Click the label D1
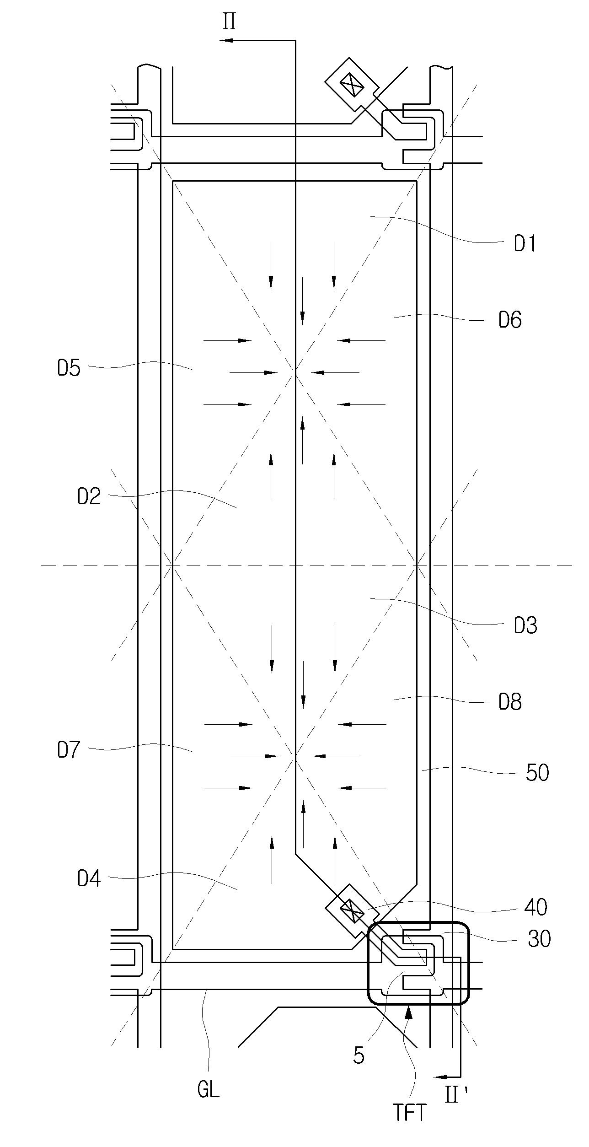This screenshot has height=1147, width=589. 525,244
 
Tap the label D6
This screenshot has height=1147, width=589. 510,320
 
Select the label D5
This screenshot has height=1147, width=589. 69,368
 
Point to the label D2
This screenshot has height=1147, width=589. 89,497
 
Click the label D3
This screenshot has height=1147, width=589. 525,626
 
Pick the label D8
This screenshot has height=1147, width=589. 510,702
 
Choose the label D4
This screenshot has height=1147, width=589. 89,879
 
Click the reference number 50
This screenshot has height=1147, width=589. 537,773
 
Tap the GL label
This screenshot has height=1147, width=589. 209,1090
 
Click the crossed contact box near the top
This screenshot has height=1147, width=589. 352,85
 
